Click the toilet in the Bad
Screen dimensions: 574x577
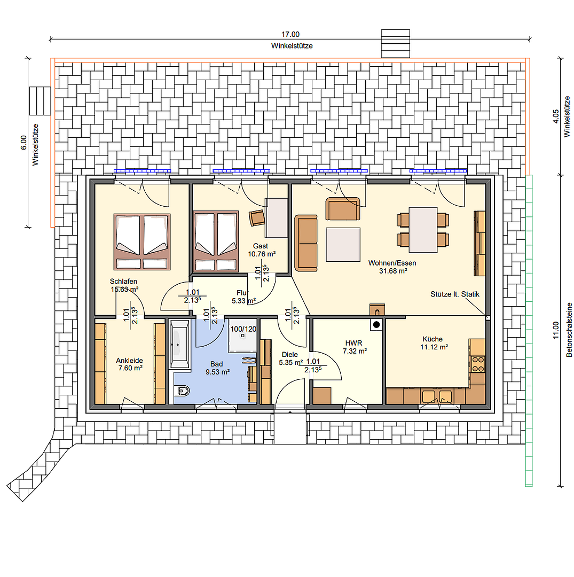coord(182,391)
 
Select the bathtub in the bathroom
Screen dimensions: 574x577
coord(180,344)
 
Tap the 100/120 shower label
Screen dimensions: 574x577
coord(243,329)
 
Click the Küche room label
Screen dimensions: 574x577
coord(433,339)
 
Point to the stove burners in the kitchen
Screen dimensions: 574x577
coord(478,364)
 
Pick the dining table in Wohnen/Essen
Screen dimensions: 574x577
coord(423,230)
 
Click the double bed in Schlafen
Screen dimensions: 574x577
coord(142,242)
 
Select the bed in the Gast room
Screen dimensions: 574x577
coord(216,241)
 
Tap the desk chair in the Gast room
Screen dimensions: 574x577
coord(257,217)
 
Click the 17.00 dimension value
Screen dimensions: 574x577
coord(290,34)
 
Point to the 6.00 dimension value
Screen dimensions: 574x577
coord(23,143)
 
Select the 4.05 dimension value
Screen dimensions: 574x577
coord(556,116)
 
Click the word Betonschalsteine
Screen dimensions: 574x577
coord(569,330)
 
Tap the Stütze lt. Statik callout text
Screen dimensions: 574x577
coord(455,294)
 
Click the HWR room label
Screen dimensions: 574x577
coord(353,343)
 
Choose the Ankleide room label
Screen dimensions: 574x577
coord(129,360)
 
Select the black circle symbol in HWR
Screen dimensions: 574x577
coord(376,325)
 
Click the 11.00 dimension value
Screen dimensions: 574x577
coord(556,330)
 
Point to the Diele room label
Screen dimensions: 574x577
coord(290,354)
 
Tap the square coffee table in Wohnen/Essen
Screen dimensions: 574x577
coord(343,245)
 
